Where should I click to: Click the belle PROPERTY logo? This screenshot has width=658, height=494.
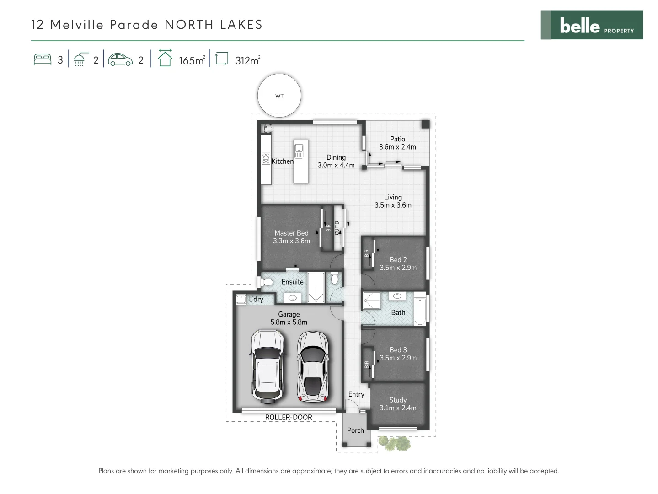pos(591,25)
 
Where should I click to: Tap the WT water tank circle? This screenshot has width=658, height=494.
pos(279,96)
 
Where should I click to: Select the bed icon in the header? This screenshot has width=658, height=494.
pos(43,60)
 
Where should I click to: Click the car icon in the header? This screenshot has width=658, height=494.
pos(120,60)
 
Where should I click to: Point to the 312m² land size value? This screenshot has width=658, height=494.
pos(247,60)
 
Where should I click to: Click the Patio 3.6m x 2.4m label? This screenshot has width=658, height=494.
pos(397,143)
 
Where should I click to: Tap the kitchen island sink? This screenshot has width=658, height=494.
pos(299,148)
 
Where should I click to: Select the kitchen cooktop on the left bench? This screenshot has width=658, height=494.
pos(266,158)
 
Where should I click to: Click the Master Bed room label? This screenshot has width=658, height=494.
pos(291,233)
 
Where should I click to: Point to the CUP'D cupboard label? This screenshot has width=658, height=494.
pos(337,228)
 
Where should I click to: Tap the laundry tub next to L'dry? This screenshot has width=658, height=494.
pos(241,300)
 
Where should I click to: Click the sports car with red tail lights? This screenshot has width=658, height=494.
pos(313,366)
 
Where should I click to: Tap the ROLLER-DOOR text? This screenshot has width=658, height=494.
pos(289,417)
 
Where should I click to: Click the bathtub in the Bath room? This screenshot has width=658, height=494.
pos(420,310)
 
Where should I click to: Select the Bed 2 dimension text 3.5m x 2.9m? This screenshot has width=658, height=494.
pos(398,268)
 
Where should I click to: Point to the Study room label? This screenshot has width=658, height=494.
pos(398,400)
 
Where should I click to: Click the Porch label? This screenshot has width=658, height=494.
pos(355,430)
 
